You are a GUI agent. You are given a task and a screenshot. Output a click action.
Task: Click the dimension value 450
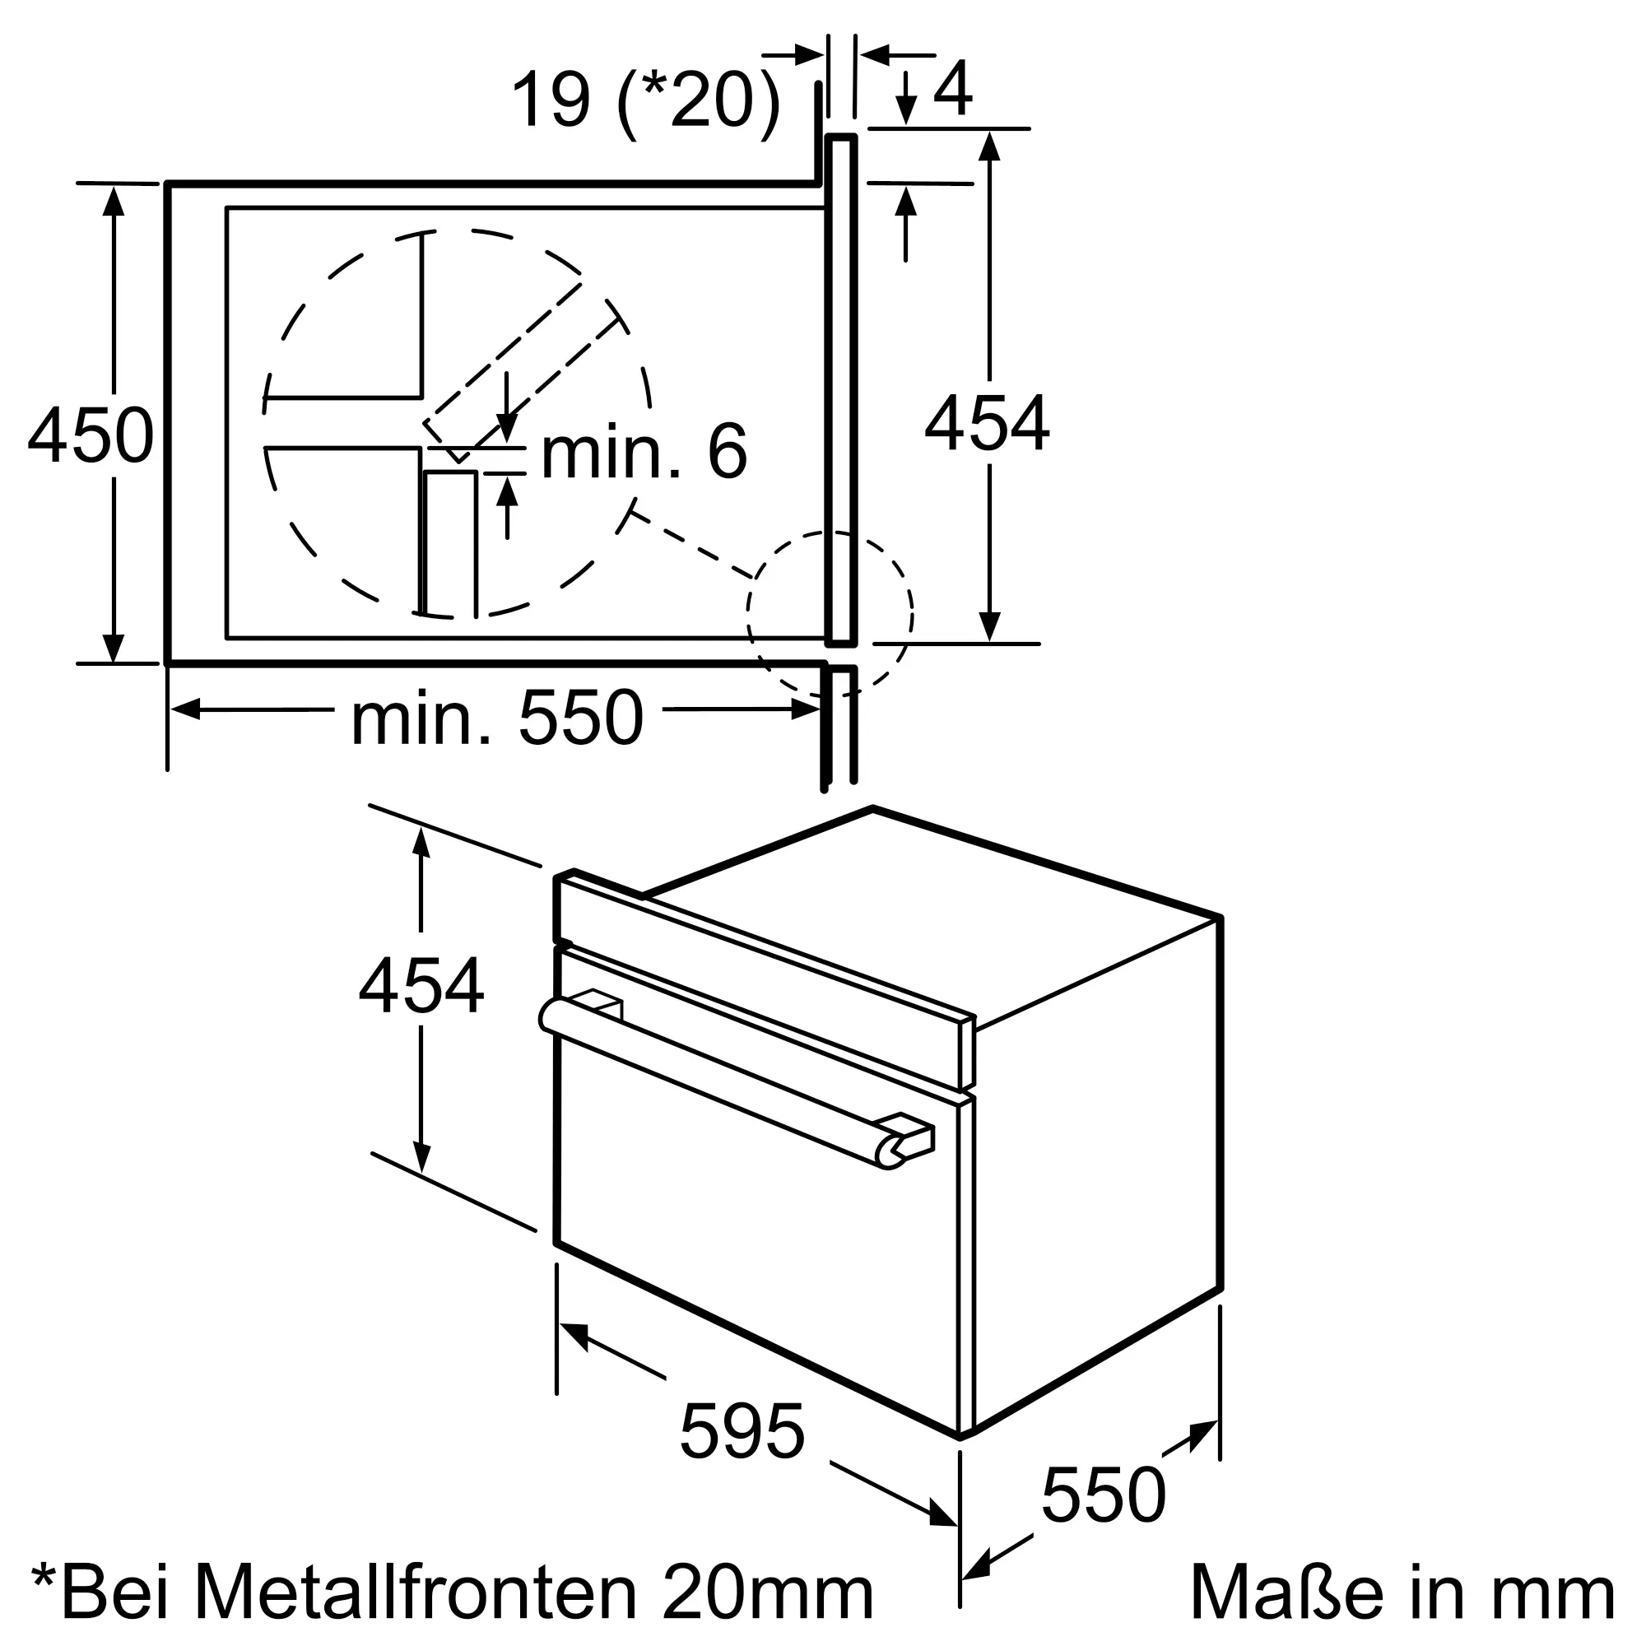tap(91, 436)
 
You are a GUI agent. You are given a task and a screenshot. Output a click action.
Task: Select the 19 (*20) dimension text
tap(645, 101)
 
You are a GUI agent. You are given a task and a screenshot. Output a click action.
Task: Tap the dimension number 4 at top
tap(953, 89)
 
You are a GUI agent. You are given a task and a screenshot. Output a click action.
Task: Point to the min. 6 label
tap(644, 452)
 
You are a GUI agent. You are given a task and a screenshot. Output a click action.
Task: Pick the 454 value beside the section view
tap(988, 422)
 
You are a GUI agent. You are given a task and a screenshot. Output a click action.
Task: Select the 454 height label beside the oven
tap(421, 986)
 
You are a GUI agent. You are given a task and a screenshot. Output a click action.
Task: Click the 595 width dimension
tap(742, 1431)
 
